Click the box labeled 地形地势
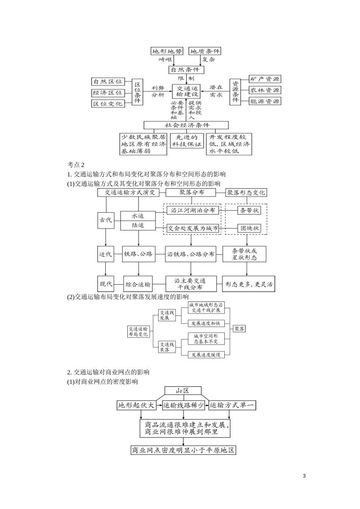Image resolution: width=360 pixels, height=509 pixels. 167,51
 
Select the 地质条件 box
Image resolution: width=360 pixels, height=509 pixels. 205,51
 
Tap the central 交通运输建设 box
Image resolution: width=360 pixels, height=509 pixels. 188,91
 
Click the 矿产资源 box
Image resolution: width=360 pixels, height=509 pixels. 265,79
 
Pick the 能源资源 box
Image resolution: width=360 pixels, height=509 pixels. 265,101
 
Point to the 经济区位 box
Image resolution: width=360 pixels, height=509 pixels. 108,92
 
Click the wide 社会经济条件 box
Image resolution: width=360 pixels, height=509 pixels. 186,125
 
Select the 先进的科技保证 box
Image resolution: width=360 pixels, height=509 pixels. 187,141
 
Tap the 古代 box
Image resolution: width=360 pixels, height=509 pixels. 106,220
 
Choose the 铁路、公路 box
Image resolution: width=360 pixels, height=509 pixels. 138,254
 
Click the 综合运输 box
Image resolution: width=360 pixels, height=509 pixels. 138,284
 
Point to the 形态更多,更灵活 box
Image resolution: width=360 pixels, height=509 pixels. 249,284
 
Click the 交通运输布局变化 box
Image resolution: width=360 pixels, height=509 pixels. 138,332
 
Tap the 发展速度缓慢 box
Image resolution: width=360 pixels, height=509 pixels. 206,355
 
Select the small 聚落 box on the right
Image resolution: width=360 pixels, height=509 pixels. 239,329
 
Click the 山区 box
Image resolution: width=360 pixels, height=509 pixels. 182,391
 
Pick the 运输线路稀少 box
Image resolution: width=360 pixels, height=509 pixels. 183,405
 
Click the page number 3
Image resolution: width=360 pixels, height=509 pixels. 305,476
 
